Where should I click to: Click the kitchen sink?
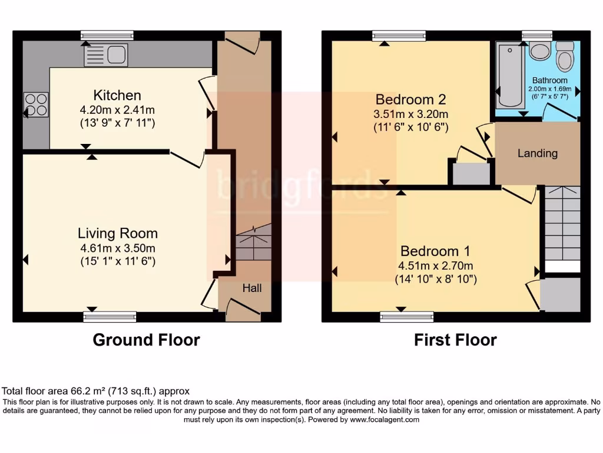pos(106,55)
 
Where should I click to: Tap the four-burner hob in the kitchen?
pos(35,104)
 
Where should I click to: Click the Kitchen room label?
pos(117,95)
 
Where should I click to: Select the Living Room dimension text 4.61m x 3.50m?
pos(118,248)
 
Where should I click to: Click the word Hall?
pos(252,288)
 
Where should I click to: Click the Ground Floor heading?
pos(146,340)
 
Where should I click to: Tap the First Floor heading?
pos(455,340)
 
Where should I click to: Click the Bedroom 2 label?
pos(410,99)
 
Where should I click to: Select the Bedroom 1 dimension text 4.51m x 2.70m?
pos(435,265)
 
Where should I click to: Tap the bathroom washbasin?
pos(539,51)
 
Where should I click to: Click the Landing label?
pos(537,153)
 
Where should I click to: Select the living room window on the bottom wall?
pos(110,317)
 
